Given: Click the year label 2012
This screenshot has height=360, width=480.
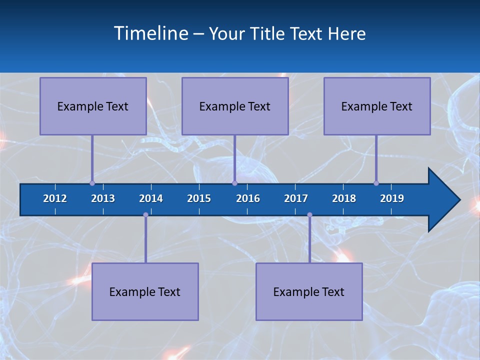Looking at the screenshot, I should (55, 198).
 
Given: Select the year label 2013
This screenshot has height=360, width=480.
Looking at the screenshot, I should (103, 198).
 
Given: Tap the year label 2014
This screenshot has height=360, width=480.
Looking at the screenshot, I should (151, 198).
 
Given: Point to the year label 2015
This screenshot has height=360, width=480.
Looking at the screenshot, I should (199, 198).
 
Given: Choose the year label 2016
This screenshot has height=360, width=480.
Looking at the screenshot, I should (248, 198).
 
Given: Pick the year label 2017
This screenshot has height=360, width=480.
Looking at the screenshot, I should (296, 198).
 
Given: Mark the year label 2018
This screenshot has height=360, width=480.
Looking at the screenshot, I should (344, 198).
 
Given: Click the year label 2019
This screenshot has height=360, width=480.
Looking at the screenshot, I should (392, 198).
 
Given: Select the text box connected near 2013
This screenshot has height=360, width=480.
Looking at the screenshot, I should (93, 106).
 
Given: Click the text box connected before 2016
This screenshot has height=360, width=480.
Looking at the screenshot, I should (235, 106).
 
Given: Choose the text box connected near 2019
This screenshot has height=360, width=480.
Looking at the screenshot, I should (377, 106).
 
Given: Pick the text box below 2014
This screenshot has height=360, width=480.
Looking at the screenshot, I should (145, 291).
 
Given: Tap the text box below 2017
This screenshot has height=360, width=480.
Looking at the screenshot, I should (309, 291).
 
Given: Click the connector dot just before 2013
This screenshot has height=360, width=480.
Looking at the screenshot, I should (92, 183).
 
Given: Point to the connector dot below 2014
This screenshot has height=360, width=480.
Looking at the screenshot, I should (145, 215).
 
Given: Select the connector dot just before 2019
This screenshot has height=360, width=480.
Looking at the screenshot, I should (376, 183).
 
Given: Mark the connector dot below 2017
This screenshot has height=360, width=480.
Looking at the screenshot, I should (309, 215).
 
